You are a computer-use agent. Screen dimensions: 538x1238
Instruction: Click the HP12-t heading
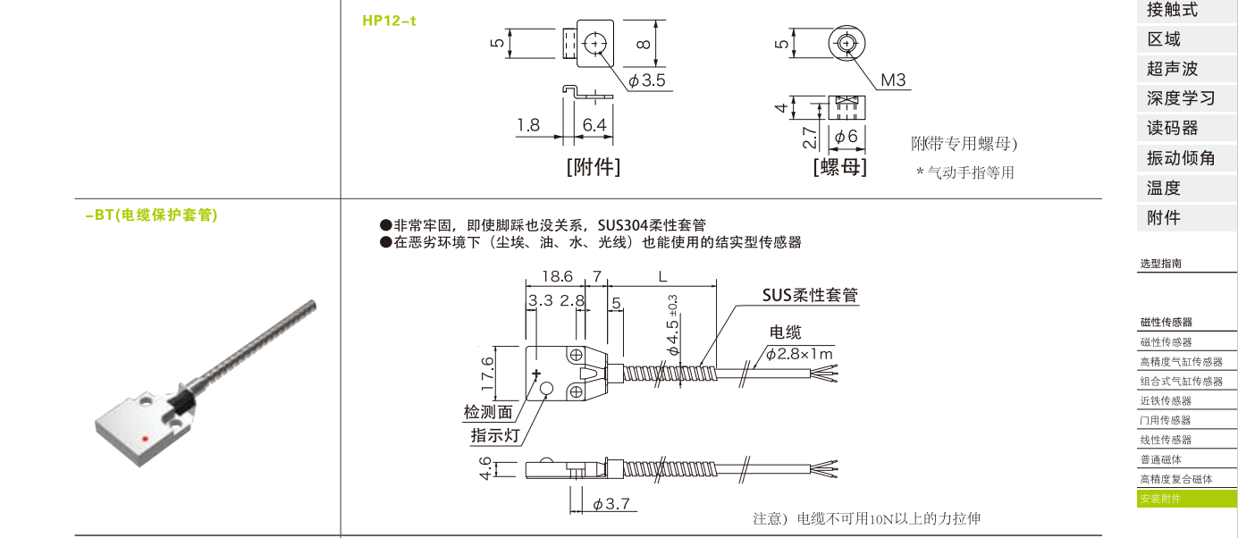tap(389, 21)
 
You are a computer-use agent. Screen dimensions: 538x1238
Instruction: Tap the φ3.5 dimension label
tap(647, 80)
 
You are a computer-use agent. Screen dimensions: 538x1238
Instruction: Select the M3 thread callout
tap(893, 80)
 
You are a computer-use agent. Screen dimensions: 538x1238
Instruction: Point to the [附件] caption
tap(593, 166)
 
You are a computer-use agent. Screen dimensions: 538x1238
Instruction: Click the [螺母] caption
tap(839, 166)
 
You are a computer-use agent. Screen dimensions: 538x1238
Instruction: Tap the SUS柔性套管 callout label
tap(810, 295)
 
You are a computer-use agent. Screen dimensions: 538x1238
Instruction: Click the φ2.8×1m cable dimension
tap(798, 354)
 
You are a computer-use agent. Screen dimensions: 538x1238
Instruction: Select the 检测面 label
tap(488, 412)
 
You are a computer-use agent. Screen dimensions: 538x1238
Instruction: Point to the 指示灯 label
tap(495, 435)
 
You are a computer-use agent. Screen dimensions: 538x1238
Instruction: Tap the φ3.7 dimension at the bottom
tap(611, 504)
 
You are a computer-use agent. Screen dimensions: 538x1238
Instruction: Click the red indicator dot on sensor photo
tap(147, 439)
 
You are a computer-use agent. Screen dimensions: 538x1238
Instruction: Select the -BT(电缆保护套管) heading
tap(151, 215)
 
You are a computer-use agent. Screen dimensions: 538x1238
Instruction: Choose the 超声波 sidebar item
tap(1172, 69)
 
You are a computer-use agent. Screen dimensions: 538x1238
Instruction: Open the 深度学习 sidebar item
tap(1181, 98)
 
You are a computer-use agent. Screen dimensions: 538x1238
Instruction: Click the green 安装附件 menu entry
tap(1160, 499)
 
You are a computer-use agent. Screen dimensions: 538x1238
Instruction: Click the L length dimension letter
tap(662, 277)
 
